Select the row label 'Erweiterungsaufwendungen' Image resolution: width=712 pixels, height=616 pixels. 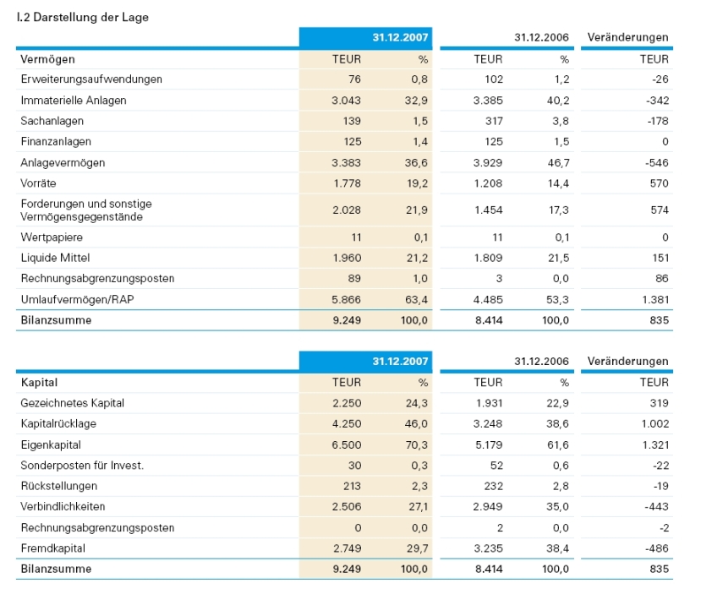point(91,79)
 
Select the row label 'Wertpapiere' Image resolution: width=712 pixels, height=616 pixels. point(52,237)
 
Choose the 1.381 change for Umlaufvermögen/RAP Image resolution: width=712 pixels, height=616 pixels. point(654,299)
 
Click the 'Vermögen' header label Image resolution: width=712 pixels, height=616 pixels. point(47,59)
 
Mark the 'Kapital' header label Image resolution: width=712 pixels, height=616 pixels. point(39,383)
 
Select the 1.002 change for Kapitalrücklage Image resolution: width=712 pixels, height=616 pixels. point(654,424)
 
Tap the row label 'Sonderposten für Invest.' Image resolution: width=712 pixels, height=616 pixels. point(82,466)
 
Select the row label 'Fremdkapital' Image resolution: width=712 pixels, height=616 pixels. point(53,548)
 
